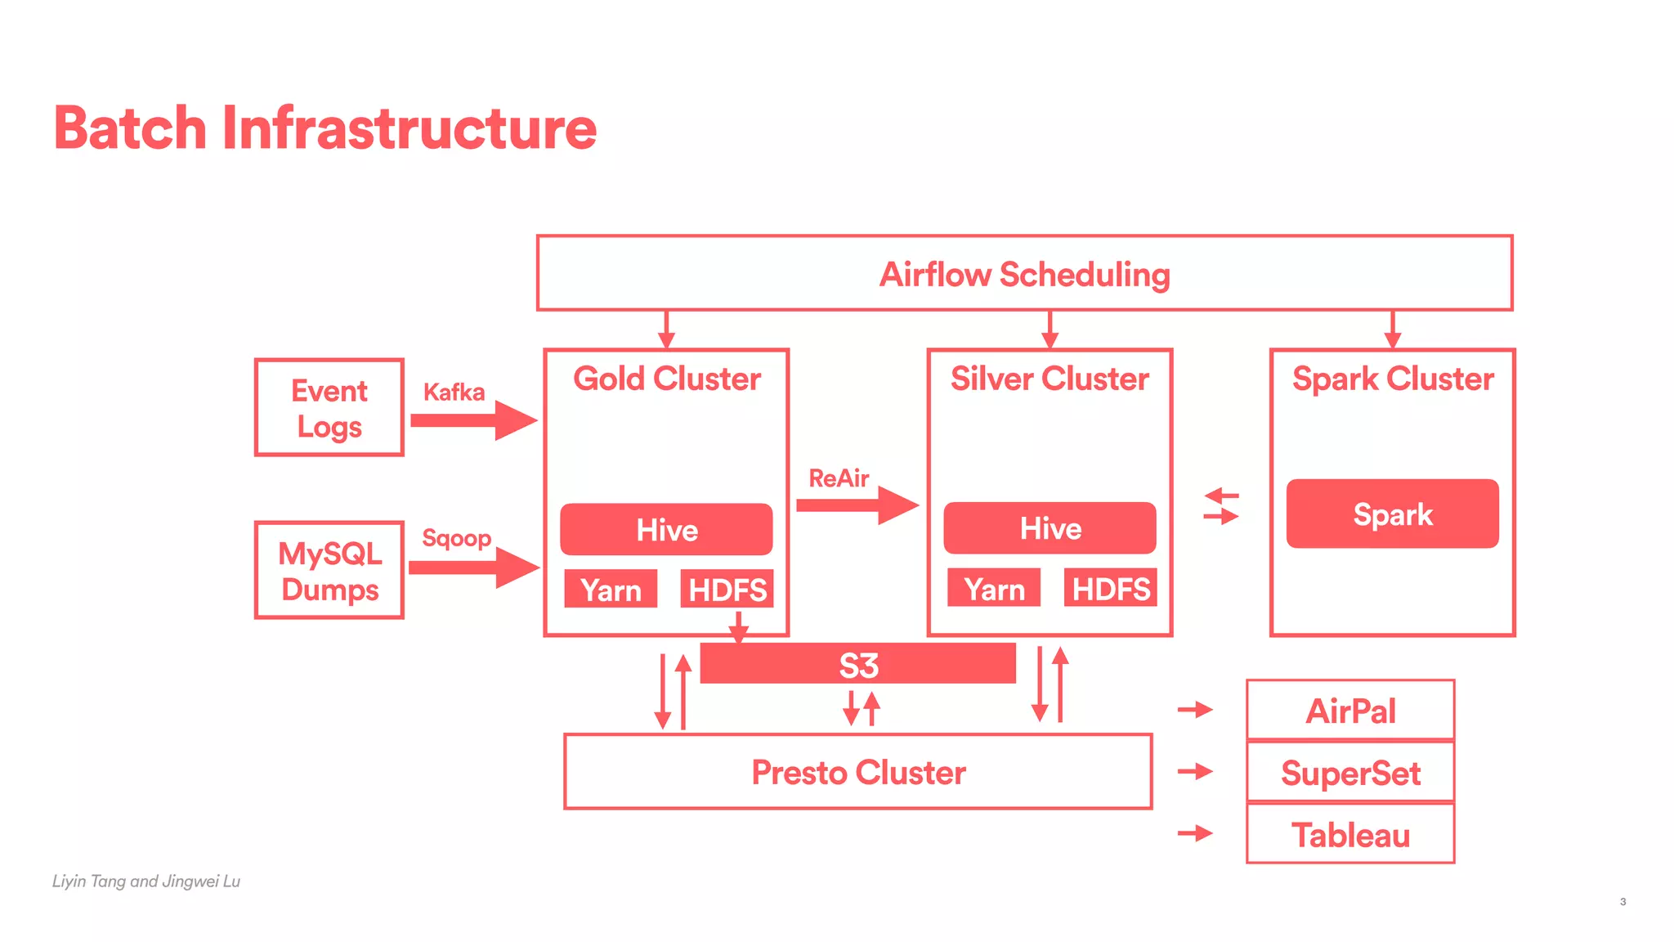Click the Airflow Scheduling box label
coord(1024,275)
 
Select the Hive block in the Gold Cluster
coord(666,530)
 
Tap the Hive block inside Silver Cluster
coord(1050,528)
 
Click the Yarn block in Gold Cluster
coord(611,590)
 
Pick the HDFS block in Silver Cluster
coord(1110,589)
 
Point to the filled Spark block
coord(1392,514)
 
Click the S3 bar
coord(858,665)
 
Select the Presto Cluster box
coord(858,772)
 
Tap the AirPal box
coord(1350,711)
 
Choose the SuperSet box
coord(1350,773)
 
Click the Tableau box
coord(1350,835)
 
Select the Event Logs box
coord(329,408)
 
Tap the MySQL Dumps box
coord(329,571)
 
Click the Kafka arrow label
coord(454,392)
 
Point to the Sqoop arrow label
coord(456,538)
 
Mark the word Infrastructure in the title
coord(409,128)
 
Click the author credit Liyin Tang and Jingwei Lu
coord(146,881)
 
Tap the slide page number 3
coord(1623,902)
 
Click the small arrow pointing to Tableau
coord(1195,833)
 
